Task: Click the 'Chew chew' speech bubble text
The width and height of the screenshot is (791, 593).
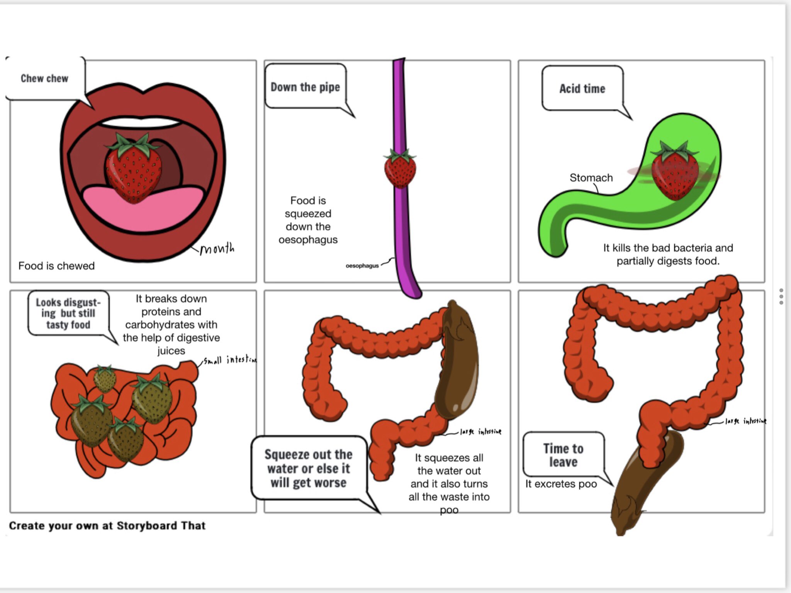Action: click(44, 78)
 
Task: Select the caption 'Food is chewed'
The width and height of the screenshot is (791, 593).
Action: click(56, 266)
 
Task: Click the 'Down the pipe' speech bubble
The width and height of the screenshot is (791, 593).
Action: click(305, 87)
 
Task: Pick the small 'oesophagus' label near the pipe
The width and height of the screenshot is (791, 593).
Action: click(362, 266)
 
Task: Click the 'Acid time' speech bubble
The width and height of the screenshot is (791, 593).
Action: click(582, 89)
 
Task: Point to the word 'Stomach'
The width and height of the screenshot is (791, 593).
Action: click(591, 178)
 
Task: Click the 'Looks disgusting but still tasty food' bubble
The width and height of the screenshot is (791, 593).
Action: click(68, 313)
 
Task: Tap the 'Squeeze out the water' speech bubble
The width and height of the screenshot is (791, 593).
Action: click(308, 468)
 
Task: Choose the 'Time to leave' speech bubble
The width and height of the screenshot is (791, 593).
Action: click(563, 455)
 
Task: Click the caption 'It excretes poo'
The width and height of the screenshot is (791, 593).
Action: click(561, 484)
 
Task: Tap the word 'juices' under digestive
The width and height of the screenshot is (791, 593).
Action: click(171, 351)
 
